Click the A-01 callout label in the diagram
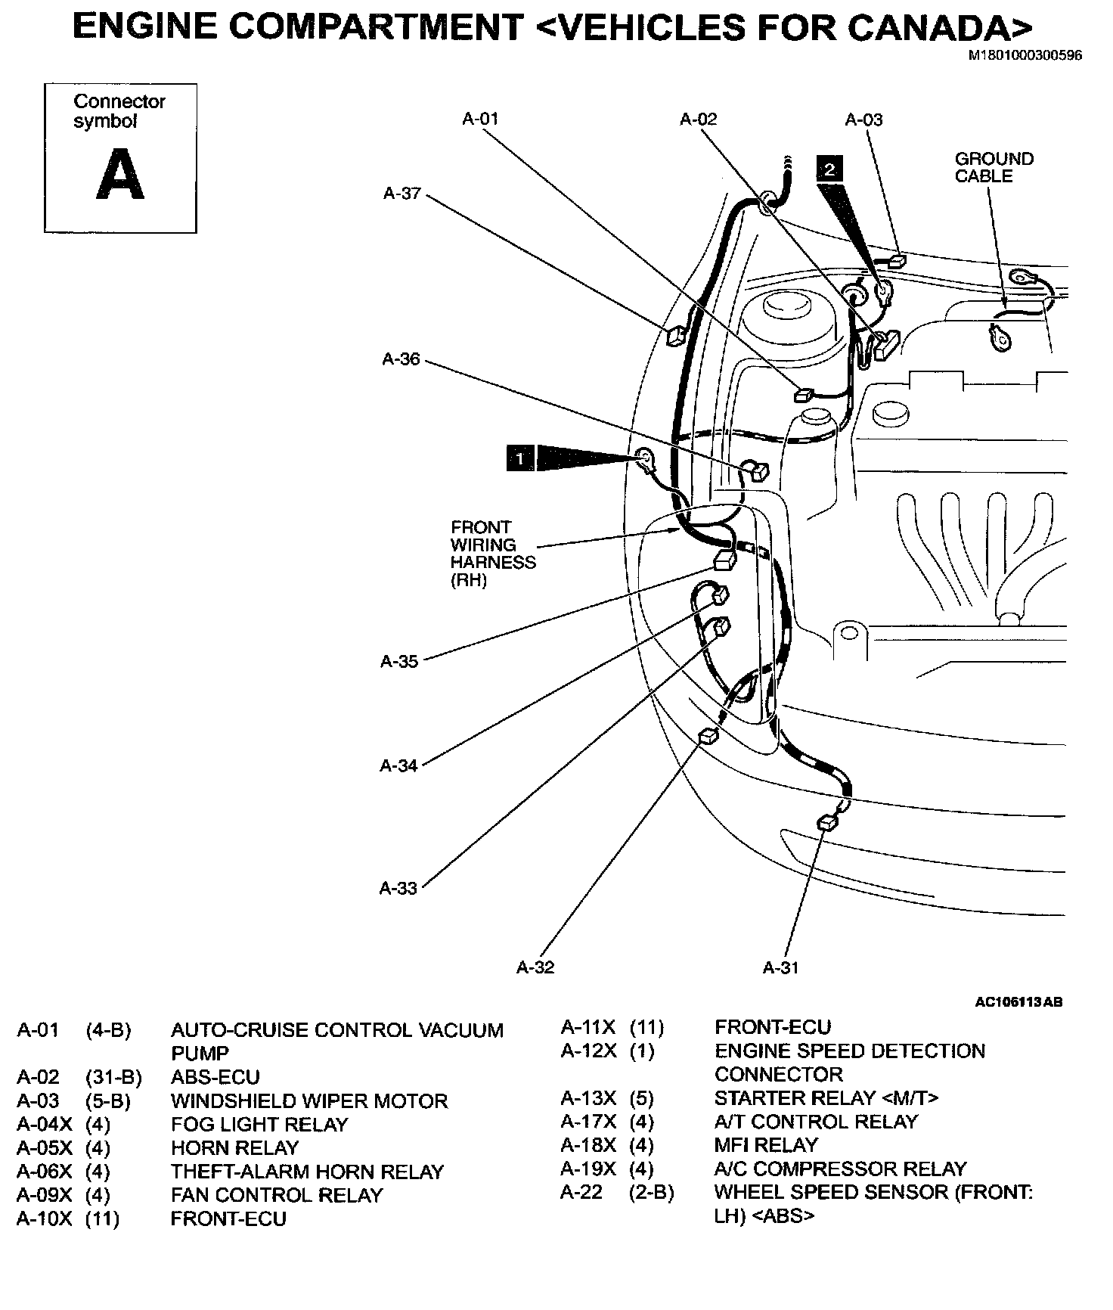pos(480,119)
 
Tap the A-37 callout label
pos(401,194)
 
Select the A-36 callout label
pos(401,359)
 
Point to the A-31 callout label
pos(780,967)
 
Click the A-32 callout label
pos(535,967)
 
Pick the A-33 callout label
pos(398,888)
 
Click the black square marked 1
pos(521,458)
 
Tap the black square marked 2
pos(829,169)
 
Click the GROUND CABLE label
pos(994,167)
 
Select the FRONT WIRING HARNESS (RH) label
pos(492,554)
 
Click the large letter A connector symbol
pos(120,175)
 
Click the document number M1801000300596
pos(1025,56)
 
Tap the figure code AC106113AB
pos(1018,1002)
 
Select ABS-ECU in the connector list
pos(215,1077)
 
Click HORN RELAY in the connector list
pos(234,1147)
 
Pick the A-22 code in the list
pos(581,1192)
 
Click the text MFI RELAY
pos(766,1145)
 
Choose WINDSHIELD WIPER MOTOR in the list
pos(309,1100)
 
